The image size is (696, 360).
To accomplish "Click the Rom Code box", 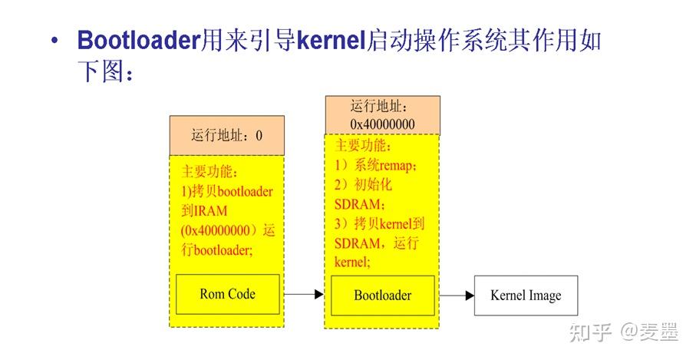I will coord(227,293).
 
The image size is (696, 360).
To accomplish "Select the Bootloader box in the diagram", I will coord(382,295).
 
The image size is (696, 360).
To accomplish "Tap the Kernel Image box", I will coord(525,295).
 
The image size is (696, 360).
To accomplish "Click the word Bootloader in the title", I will coord(139,40).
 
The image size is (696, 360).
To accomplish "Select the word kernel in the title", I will coord(328,40).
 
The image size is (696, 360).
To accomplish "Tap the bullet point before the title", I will coord(54,41).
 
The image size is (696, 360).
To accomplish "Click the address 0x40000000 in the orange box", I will coord(382,124).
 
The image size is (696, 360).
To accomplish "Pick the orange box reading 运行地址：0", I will coord(226,136).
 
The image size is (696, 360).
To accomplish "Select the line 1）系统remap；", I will coord(376,165).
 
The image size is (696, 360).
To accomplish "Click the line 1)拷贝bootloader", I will coord(226,191).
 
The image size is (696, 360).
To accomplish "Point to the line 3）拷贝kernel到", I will coord(380,224).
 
